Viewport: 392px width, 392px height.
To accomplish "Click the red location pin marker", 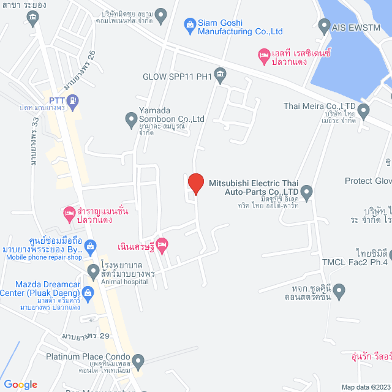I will click(195, 184).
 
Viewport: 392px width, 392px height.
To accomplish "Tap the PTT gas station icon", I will click(73, 100).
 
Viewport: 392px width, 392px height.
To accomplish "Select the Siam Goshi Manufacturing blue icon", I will click(190, 24).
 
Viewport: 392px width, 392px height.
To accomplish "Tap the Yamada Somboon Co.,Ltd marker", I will click(130, 119).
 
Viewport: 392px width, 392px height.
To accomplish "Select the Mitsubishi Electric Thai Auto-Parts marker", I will click(306, 193).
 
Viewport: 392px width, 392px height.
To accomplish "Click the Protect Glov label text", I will click(368, 181).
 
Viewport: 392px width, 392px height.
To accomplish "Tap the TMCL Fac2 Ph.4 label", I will click(355, 262).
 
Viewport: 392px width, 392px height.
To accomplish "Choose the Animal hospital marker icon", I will click(94, 270).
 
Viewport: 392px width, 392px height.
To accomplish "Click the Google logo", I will click(20, 385).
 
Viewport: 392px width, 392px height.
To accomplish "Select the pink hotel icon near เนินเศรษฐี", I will click(162, 246).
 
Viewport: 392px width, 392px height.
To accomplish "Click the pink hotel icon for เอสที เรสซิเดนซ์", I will click(264, 56).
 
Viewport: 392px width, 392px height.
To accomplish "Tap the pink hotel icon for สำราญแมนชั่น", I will click(69, 213).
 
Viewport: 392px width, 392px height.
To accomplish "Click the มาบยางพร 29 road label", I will click(86, 336).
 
